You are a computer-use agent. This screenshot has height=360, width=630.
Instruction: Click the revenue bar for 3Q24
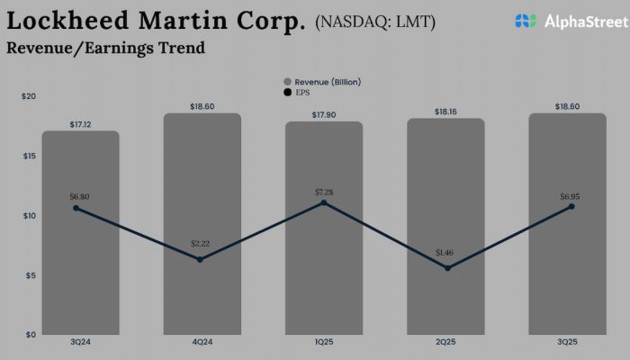click(x=80, y=270)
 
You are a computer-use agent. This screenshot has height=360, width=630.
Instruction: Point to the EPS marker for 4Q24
click(x=200, y=259)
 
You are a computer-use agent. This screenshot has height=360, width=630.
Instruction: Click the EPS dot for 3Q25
click(x=571, y=206)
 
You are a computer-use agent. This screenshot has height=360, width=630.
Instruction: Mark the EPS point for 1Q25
click(x=324, y=202)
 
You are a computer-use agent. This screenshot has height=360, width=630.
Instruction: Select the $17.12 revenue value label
click(x=80, y=123)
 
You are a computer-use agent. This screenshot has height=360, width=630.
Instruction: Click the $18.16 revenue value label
click(x=446, y=111)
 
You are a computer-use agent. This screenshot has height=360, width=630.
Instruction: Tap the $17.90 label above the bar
click(x=324, y=113)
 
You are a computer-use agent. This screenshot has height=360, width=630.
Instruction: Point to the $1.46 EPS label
click(x=446, y=253)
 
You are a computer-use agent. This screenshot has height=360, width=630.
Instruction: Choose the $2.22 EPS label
click(x=201, y=244)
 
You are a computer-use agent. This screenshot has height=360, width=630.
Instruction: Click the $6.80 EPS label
click(x=80, y=195)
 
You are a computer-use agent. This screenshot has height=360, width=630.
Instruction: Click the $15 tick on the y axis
click(x=29, y=157)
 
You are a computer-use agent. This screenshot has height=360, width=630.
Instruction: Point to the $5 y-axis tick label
click(x=31, y=275)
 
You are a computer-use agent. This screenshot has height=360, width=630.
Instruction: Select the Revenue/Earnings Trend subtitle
click(x=105, y=48)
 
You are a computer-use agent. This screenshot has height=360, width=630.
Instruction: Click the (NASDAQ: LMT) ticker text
click(x=375, y=22)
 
